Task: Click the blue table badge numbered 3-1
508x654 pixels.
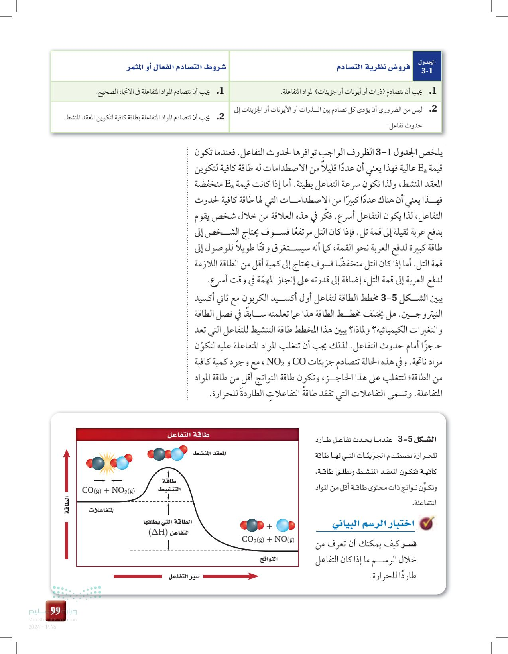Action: coord(427,67)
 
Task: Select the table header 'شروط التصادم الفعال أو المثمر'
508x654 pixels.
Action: coord(176,67)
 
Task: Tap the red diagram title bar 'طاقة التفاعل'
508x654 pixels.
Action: coord(188,435)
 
